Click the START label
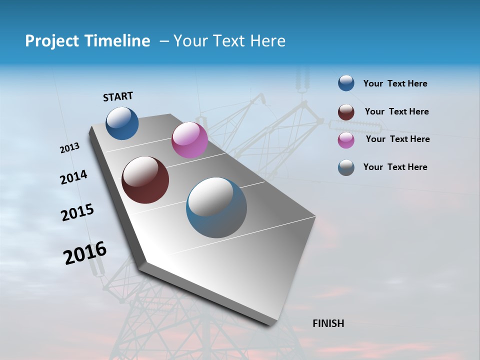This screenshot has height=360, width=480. (x=118, y=96)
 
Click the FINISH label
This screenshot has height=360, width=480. (x=328, y=323)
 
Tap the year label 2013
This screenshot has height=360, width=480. (x=69, y=148)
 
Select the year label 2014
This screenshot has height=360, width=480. (x=73, y=177)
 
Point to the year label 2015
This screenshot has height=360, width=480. (x=77, y=212)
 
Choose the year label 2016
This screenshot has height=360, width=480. (x=85, y=252)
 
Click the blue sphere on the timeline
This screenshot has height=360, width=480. (x=122, y=123)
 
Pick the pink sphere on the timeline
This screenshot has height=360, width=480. (x=189, y=140)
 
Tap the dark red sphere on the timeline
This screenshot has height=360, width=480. (x=145, y=180)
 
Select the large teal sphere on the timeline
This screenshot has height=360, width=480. (x=216, y=207)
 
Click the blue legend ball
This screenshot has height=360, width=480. (x=346, y=83)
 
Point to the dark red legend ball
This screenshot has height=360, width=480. (x=346, y=112)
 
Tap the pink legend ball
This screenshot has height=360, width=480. (x=346, y=140)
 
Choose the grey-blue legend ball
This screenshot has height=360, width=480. (x=346, y=167)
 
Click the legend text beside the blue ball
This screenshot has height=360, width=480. (x=395, y=83)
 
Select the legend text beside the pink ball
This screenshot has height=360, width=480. (x=397, y=139)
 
